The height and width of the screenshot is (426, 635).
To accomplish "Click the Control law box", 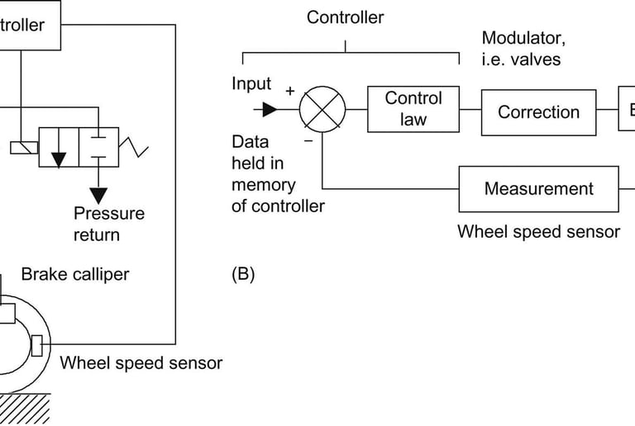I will [413, 109].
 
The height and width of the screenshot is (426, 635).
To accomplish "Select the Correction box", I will [538, 112].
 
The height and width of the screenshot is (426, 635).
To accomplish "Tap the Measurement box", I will [538, 188].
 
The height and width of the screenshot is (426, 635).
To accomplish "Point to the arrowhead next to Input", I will [268, 110].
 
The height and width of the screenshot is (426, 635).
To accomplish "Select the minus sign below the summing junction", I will [308, 140].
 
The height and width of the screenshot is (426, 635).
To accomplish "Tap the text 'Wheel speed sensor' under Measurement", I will [538, 231].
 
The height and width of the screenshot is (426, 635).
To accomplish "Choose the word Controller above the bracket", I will [346, 17].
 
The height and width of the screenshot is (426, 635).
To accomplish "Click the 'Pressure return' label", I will [108, 224].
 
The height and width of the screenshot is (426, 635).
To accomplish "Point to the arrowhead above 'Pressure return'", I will [99, 195].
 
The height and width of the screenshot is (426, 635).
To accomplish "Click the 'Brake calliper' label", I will [75, 274].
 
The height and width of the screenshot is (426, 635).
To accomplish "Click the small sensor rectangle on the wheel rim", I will [37, 344].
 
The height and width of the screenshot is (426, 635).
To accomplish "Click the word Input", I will [251, 84].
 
